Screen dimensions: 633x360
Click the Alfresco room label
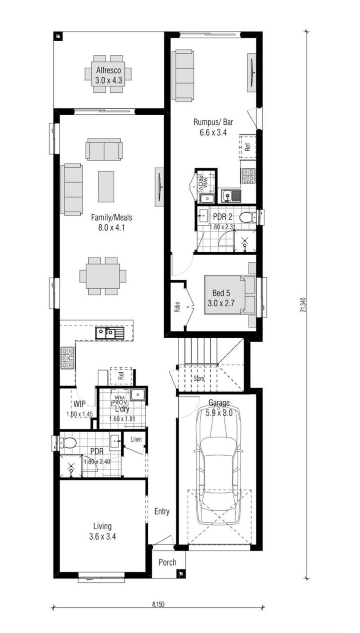(108, 71)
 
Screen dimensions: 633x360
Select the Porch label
(167, 562)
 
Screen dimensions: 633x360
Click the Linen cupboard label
(136, 439)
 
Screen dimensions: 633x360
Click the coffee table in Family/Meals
(106, 186)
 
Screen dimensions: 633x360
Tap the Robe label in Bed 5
(177, 307)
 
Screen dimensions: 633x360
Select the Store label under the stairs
(199, 378)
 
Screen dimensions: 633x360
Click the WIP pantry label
(79, 404)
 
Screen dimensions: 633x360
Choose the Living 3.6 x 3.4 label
(102, 531)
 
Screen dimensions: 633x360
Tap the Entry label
(162, 511)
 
